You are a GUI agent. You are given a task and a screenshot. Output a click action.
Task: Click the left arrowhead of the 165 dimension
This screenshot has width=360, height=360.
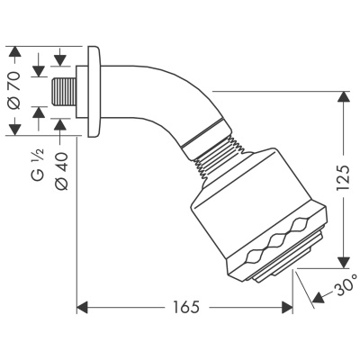tap(80, 309)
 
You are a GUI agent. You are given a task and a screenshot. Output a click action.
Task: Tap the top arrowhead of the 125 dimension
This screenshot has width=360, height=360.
tap(343, 96)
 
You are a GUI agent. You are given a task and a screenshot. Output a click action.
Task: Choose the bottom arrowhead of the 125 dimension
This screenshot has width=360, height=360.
tap(343, 262)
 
